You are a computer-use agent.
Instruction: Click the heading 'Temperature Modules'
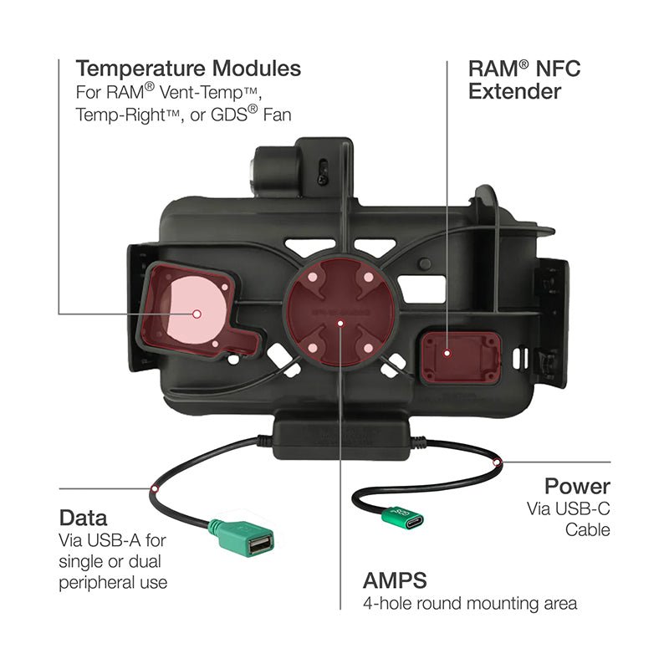click(x=188, y=69)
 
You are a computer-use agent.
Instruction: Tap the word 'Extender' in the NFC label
click(x=514, y=91)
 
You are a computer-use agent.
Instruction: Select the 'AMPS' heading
click(x=395, y=580)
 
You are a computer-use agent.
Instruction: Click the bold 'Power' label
click(x=577, y=486)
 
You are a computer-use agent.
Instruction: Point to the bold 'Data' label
click(x=83, y=518)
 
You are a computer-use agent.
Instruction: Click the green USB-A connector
click(x=243, y=539)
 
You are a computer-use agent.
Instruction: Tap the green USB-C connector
click(x=403, y=518)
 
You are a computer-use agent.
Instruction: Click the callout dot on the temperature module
click(x=197, y=314)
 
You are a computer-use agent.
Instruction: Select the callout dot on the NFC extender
click(x=447, y=353)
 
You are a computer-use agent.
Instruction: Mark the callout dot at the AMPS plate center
click(x=340, y=323)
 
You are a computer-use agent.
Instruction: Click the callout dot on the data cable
click(x=155, y=488)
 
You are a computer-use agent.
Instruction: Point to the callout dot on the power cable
click(x=497, y=462)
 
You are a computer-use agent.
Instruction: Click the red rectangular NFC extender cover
click(x=461, y=358)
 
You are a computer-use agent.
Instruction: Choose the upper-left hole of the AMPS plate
click(x=312, y=278)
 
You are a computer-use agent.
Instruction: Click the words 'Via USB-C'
click(x=569, y=508)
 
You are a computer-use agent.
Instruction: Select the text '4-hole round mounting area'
click(x=470, y=603)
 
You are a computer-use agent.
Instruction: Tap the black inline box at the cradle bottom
click(x=341, y=439)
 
